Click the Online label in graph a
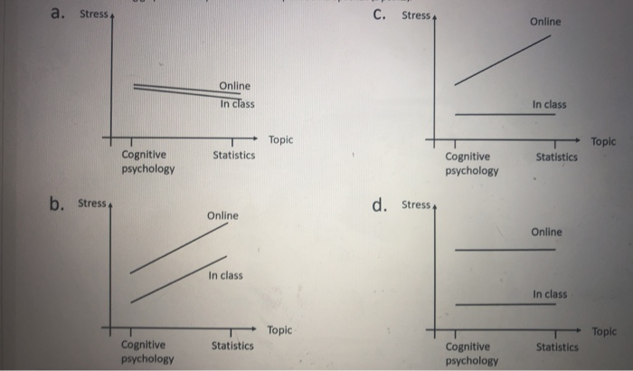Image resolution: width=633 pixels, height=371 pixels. tap(233, 86)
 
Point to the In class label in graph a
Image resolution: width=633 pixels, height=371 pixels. tap(237, 104)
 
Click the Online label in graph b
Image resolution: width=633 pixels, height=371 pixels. tap(222, 216)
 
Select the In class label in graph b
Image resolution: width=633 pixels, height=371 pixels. tap(225, 275)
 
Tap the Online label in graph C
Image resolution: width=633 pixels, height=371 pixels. tap(545, 21)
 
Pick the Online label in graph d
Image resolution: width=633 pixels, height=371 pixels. tap(546, 233)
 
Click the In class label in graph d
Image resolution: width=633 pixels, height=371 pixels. tap(550, 294)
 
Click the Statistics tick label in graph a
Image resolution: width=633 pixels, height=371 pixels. tap(233, 156)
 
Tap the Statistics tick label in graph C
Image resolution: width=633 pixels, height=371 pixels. tap(557, 157)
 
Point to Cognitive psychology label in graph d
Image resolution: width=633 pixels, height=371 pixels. tap(471, 353)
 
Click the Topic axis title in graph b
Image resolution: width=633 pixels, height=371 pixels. tap(280, 330)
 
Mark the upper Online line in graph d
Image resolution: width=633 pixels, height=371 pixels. tap(505, 249)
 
